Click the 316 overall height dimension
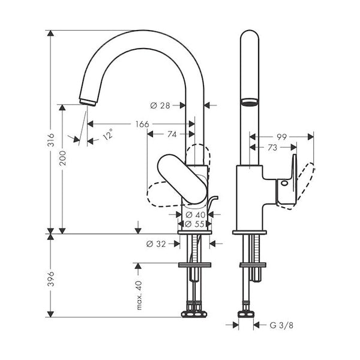(51, 140)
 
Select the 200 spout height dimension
(62, 158)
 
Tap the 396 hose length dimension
(51, 279)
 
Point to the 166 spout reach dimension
(142, 124)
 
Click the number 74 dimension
(172, 134)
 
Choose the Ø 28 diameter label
(160, 106)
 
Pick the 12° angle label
(108, 134)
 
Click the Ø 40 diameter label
(196, 215)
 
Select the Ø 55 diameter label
(194, 224)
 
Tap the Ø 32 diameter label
(156, 244)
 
